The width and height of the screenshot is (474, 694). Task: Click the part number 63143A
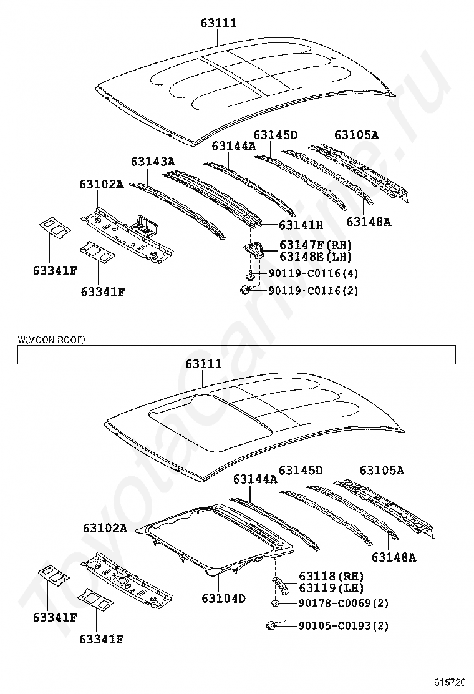(153, 162)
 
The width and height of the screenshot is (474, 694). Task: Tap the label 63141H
(301, 225)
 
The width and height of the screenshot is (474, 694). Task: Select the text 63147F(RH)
(316, 245)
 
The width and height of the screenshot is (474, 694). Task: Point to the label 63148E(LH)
(315, 257)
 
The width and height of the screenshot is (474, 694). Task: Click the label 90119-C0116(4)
(313, 273)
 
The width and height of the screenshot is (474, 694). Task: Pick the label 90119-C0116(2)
(313, 290)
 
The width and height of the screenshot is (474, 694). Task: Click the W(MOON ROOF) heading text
(51, 340)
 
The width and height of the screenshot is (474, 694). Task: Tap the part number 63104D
(223, 599)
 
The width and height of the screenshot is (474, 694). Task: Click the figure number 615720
(450, 683)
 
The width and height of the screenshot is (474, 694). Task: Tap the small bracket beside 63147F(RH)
(254, 251)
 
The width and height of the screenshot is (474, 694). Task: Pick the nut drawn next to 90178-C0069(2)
(275, 604)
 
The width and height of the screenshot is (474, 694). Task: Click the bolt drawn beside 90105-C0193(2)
(272, 625)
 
